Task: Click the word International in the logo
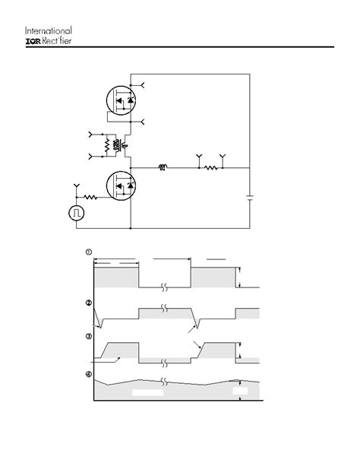pos(49,30)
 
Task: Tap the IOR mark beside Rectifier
pos(33,41)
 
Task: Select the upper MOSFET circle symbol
pos(121,100)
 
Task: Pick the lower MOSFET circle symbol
pos(121,186)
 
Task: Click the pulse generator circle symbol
pos(77,213)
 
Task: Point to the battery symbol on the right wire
pos(250,198)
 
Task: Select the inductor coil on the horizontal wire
pos(163,167)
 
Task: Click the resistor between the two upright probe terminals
pos(211,168)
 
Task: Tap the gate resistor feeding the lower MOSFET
pos(90,197)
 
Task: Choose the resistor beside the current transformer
pos(107,145)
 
